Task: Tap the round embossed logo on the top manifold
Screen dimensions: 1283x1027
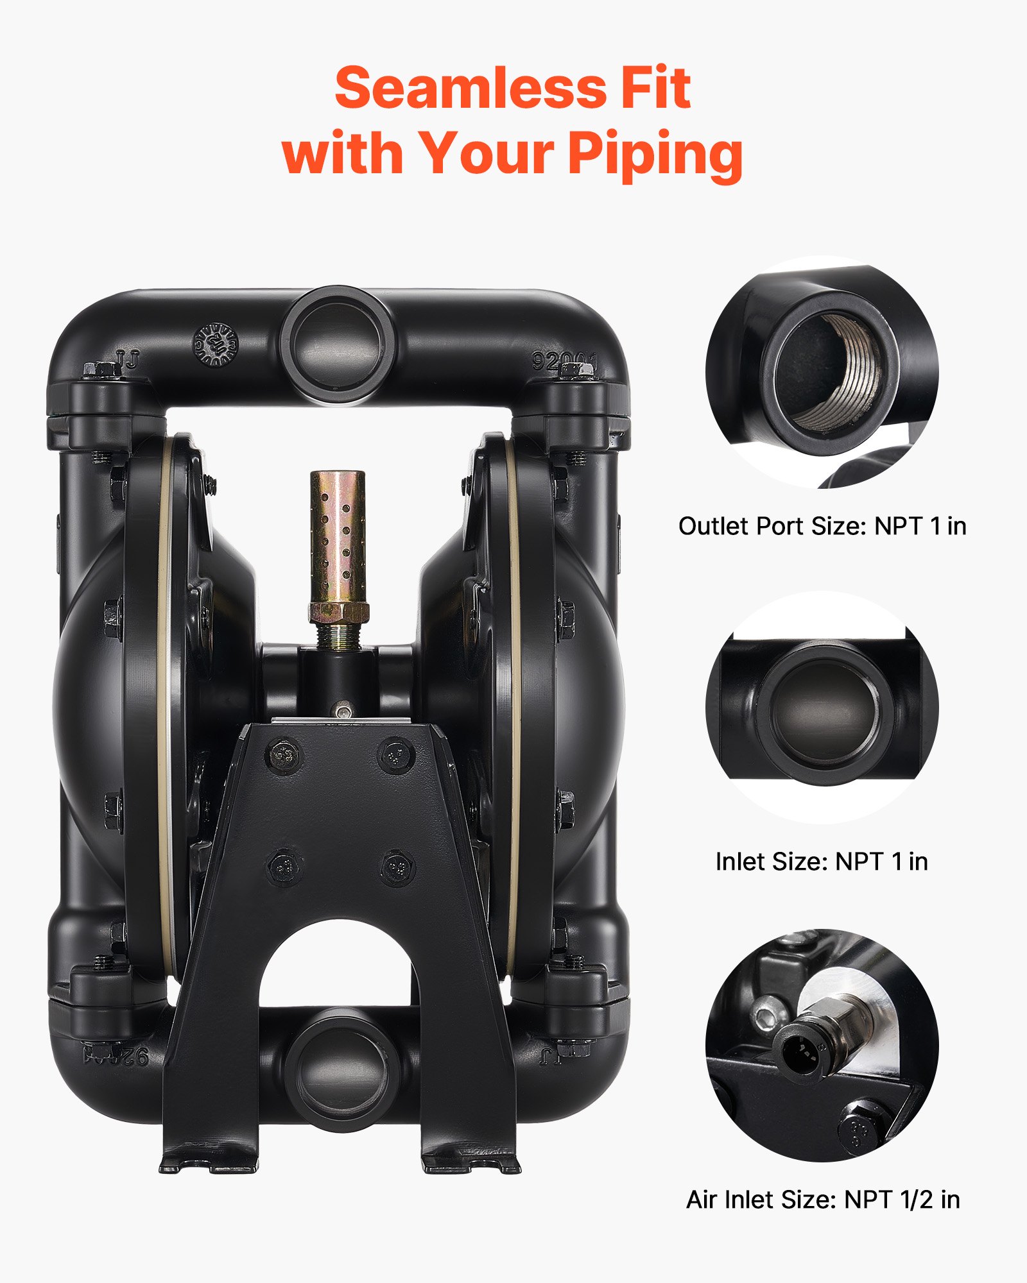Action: point(216,344)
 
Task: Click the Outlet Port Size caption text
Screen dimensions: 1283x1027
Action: point(822,526)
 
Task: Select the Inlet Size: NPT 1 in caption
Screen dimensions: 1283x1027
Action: point(822,862)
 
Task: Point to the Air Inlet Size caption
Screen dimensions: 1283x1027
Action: point(823,1199)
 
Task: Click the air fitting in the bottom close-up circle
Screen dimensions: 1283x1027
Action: point(812,1042)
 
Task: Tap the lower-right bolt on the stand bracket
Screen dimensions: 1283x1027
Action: point(397,867)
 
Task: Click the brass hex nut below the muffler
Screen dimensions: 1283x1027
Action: point(338,612)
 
